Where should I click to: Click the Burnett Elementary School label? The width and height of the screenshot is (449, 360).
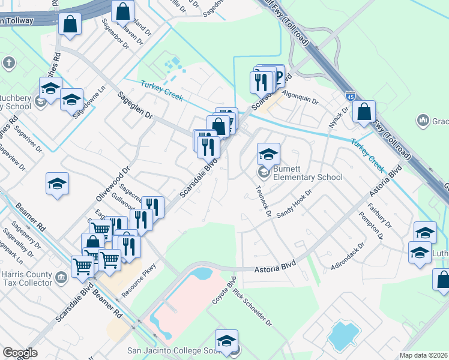307,173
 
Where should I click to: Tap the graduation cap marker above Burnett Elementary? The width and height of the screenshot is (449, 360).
268,154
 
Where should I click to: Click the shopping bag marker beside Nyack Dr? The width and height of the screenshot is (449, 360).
364,112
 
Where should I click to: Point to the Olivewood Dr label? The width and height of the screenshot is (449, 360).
113,184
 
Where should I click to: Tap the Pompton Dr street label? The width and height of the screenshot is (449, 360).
375,227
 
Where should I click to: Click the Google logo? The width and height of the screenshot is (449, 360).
20,353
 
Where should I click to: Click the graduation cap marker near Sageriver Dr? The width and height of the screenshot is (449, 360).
57,184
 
